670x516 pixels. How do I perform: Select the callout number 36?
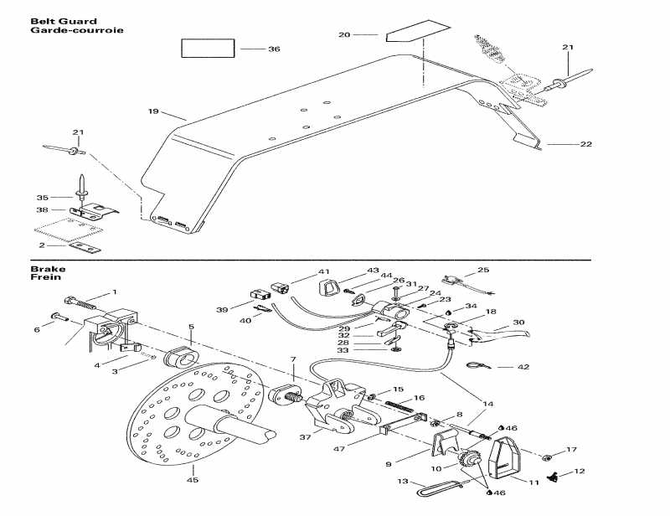(274, 49)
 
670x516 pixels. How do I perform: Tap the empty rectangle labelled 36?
(208, 48)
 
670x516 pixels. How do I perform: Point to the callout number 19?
(152, 111)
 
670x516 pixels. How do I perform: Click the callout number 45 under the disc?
(192, 480)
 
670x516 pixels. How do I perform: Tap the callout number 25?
(482, 270)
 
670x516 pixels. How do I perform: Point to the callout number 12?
(580, 472)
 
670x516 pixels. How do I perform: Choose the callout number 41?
(324, 273)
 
